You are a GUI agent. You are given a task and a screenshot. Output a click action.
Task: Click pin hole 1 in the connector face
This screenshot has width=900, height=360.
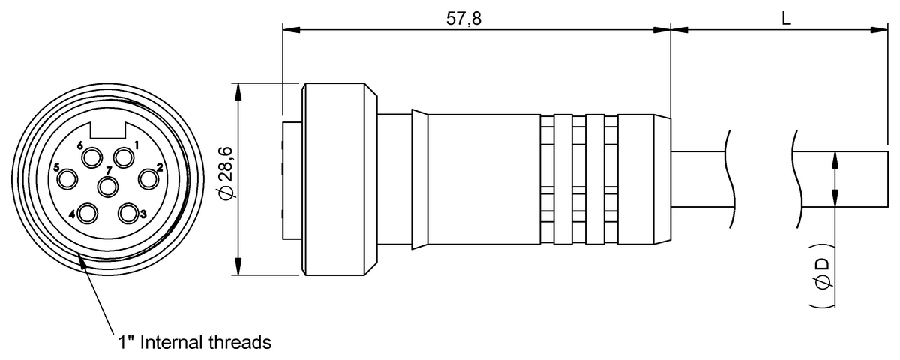coord(124,158)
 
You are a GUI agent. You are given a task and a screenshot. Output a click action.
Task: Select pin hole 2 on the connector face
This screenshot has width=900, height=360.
coord(148,178)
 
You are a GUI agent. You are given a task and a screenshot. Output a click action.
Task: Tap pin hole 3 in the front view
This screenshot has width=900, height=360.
coord(128,213)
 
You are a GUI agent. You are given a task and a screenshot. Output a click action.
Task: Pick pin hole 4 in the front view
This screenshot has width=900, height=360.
coord(88,214)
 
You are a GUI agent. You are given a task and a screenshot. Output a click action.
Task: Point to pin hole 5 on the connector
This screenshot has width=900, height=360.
coord(67,178)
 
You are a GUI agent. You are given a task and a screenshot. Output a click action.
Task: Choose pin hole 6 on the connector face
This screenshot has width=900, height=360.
coord(91,158)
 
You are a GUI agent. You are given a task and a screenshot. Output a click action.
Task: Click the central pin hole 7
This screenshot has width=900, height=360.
coord(108,187)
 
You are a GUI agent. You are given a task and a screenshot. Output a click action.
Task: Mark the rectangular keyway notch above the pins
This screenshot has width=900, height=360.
coord(108,130)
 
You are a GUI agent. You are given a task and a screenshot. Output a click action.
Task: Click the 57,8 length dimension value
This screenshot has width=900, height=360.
coord(463,19)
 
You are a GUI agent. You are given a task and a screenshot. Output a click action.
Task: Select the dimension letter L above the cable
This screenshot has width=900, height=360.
coord(786,19)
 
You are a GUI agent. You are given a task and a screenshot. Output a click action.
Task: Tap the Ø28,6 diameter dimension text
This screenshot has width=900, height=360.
coord(226,173)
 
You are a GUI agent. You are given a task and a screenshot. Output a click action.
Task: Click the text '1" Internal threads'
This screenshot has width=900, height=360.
coord(194,342)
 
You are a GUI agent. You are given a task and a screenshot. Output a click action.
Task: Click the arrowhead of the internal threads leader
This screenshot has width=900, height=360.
coord(81,260)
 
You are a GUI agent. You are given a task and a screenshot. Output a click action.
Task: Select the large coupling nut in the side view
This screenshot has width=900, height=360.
coord(340,179)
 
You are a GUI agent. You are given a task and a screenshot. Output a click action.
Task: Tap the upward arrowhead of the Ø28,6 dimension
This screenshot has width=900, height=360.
coord(238,91)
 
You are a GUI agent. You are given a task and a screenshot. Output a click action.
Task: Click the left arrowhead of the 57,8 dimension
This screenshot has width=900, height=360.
coord(291,30)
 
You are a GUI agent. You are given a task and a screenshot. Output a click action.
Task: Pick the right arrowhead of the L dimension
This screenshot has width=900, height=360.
coord(879,30)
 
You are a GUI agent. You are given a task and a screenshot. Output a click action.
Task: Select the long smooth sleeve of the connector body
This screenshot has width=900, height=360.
coord(484,179)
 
